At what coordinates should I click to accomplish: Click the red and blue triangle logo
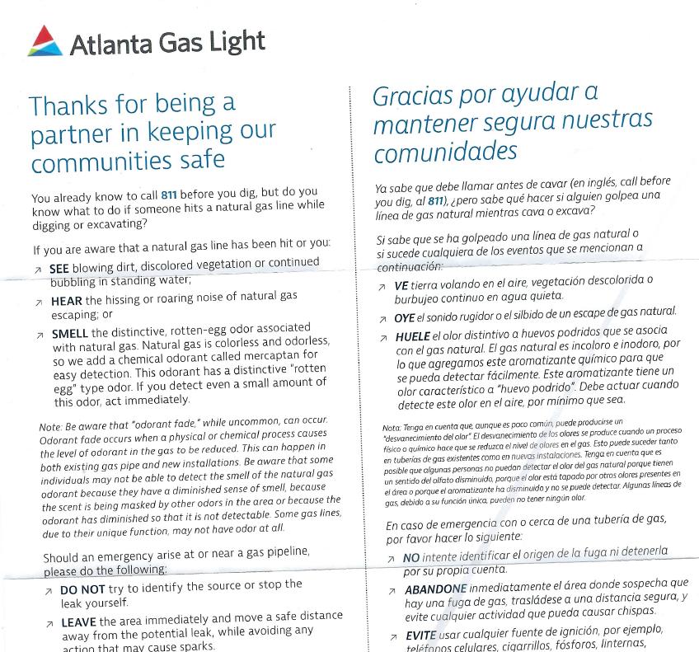click(x=44, y=40)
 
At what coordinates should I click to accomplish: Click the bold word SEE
click(x=59, y=269)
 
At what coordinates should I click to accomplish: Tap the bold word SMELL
click(x=70, y=334)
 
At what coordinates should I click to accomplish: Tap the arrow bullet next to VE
click(x=381, y=287)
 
